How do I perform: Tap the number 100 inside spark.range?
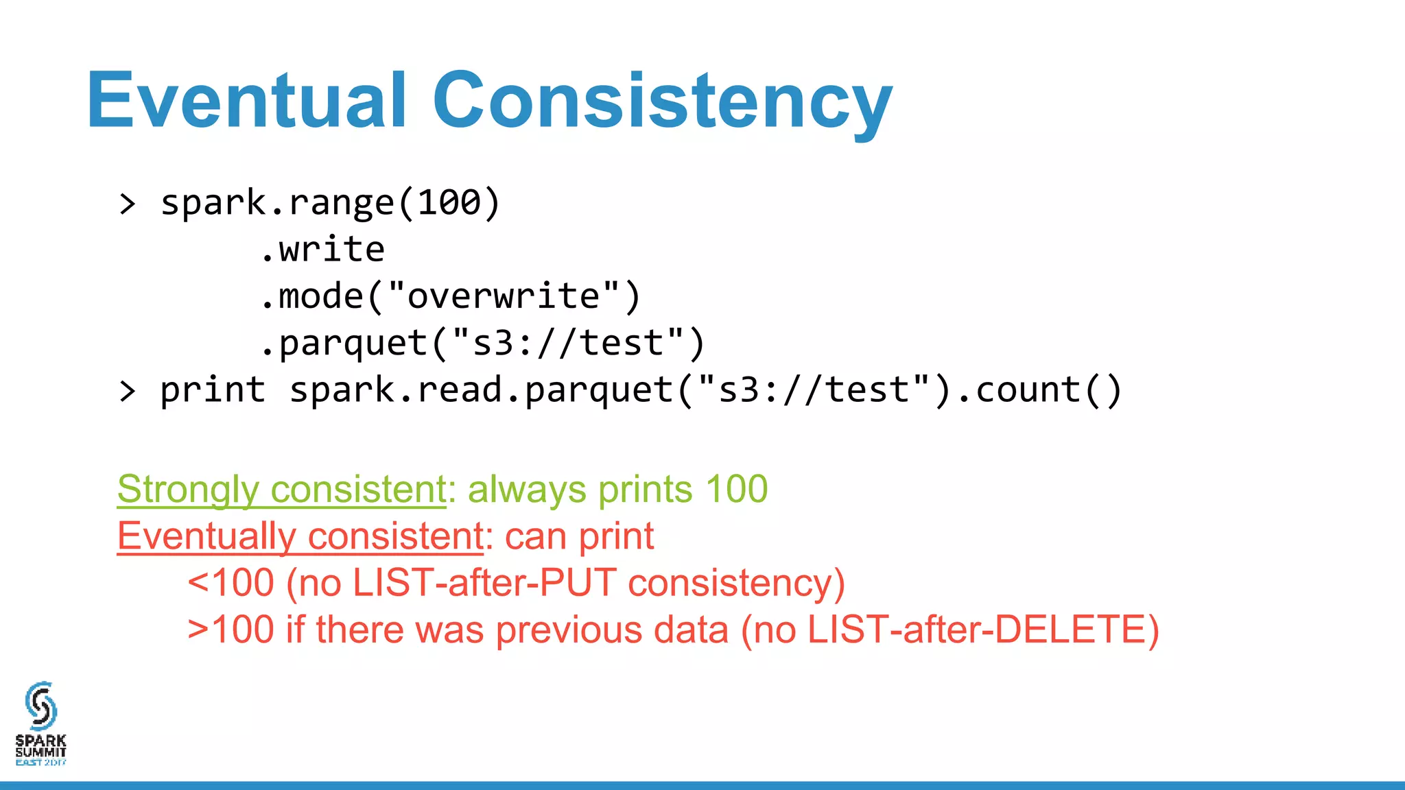click(x=449, y=203)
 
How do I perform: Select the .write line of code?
click(x=322, y=250)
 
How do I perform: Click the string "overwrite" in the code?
click(x=504, y=296)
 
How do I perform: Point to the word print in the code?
click(x=213, y=390)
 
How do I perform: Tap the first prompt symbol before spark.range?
click(x=128, y=204)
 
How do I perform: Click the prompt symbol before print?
click(x=128, y=391)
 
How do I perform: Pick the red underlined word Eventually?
click(x=206, y=536)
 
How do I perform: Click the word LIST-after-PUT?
click(x=484, y=583)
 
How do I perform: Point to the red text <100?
click(x=231, y=583)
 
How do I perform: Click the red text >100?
click(x=231, y=630)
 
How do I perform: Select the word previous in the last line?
click(x=569, y=630)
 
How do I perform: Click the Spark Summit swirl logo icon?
click(x=40, y=705)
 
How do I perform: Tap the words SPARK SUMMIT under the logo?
click(x=40, y=746)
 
